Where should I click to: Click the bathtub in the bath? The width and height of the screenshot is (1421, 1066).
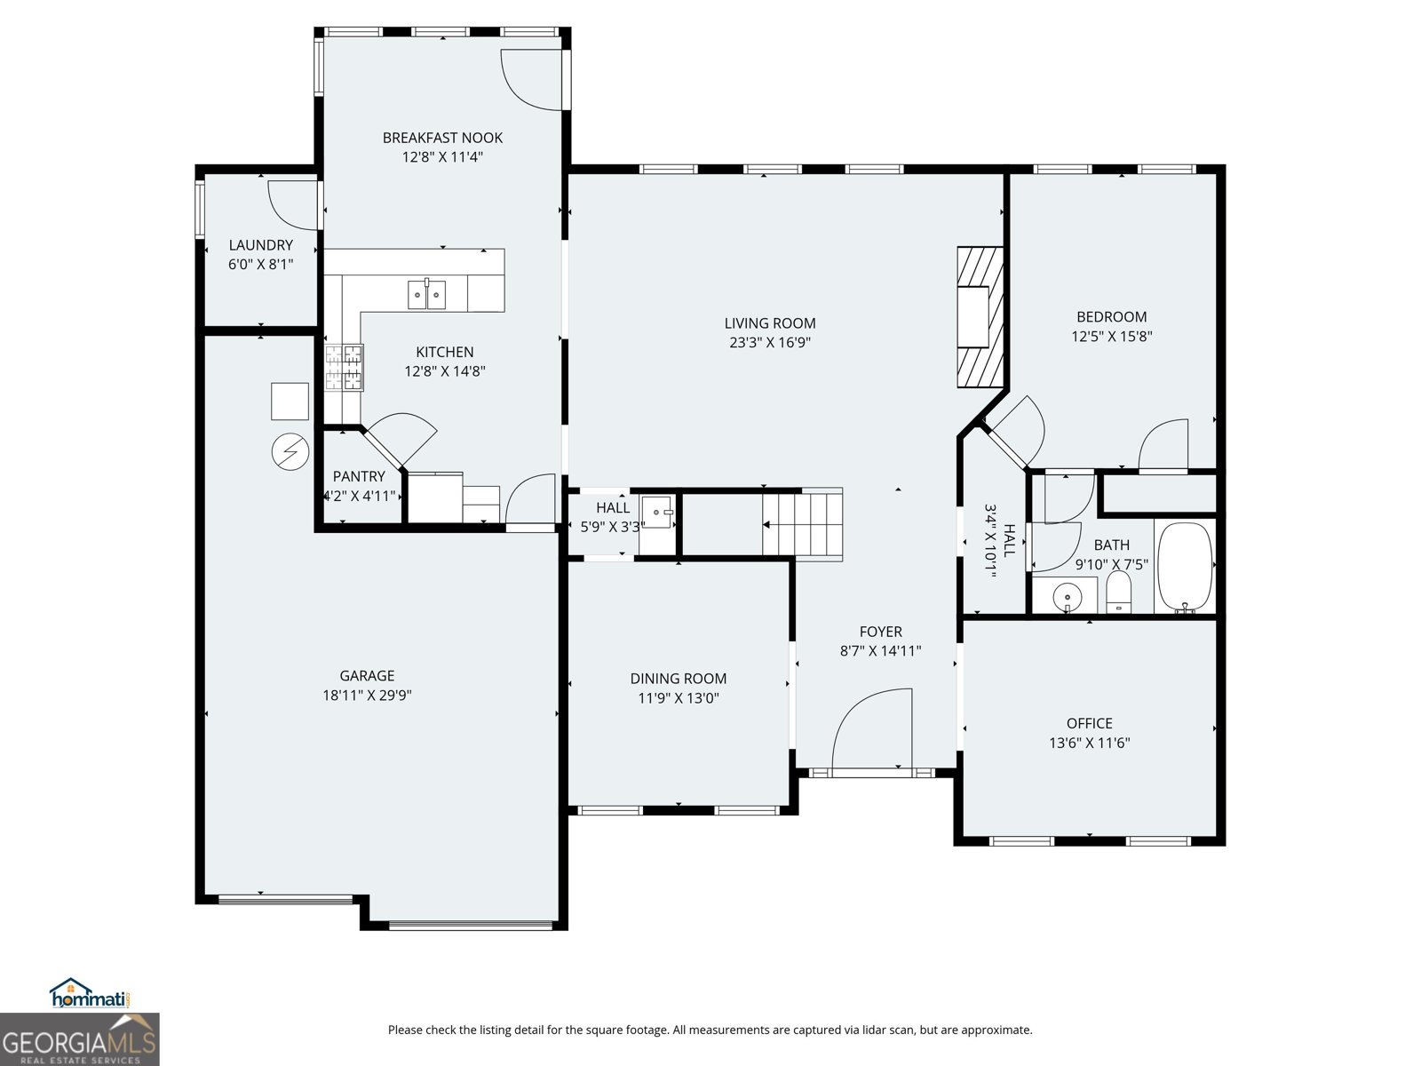point(1186,567)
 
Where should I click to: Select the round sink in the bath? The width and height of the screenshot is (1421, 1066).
point(1066,597)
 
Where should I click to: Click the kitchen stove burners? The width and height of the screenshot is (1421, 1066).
point(344,367)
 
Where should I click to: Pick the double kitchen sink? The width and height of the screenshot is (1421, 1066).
point(427,294)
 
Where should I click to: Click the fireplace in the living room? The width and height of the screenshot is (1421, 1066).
point(980,317)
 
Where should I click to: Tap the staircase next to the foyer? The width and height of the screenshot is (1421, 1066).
point(802,525)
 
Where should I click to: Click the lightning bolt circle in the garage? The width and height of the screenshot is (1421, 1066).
point(289,451)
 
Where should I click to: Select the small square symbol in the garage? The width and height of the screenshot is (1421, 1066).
point(290,402)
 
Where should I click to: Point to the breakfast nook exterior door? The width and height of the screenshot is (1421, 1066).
point(531,80)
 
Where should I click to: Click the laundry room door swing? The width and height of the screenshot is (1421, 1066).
point(293,203)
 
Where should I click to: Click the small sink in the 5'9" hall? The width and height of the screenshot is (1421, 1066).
point(658,513)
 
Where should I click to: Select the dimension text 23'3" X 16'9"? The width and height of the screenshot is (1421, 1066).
point(769,343)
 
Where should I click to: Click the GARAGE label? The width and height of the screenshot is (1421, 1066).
point(367,676)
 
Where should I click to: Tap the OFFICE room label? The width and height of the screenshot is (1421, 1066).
point(1089,723)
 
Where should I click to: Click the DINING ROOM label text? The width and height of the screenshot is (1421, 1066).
point(678,679)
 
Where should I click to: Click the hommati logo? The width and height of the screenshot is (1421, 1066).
point(90,995)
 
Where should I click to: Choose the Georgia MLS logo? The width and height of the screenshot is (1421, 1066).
point(79,1039)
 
